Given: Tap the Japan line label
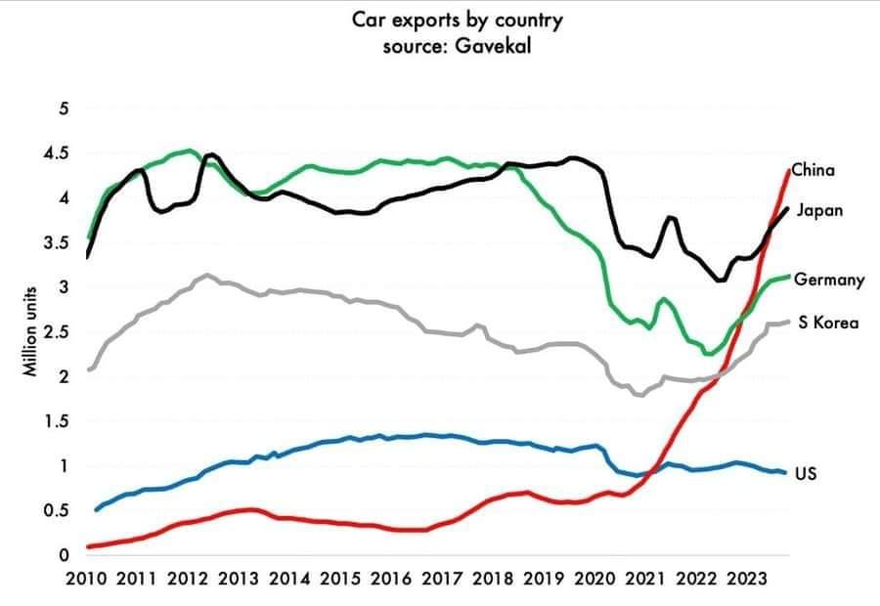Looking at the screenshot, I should pos(819,210).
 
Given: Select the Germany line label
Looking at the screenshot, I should pos(828,281).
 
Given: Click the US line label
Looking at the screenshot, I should pos(806,474).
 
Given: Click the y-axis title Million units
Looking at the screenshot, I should pos(31,331).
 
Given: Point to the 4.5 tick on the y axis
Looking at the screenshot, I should pos(56,152).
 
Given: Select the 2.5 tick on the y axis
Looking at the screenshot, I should pos(56,331).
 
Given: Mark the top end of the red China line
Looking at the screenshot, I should pos(788,170).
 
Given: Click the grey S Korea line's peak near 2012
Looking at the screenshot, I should pos(206,275).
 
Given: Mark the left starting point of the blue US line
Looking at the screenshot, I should pos(96,509).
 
